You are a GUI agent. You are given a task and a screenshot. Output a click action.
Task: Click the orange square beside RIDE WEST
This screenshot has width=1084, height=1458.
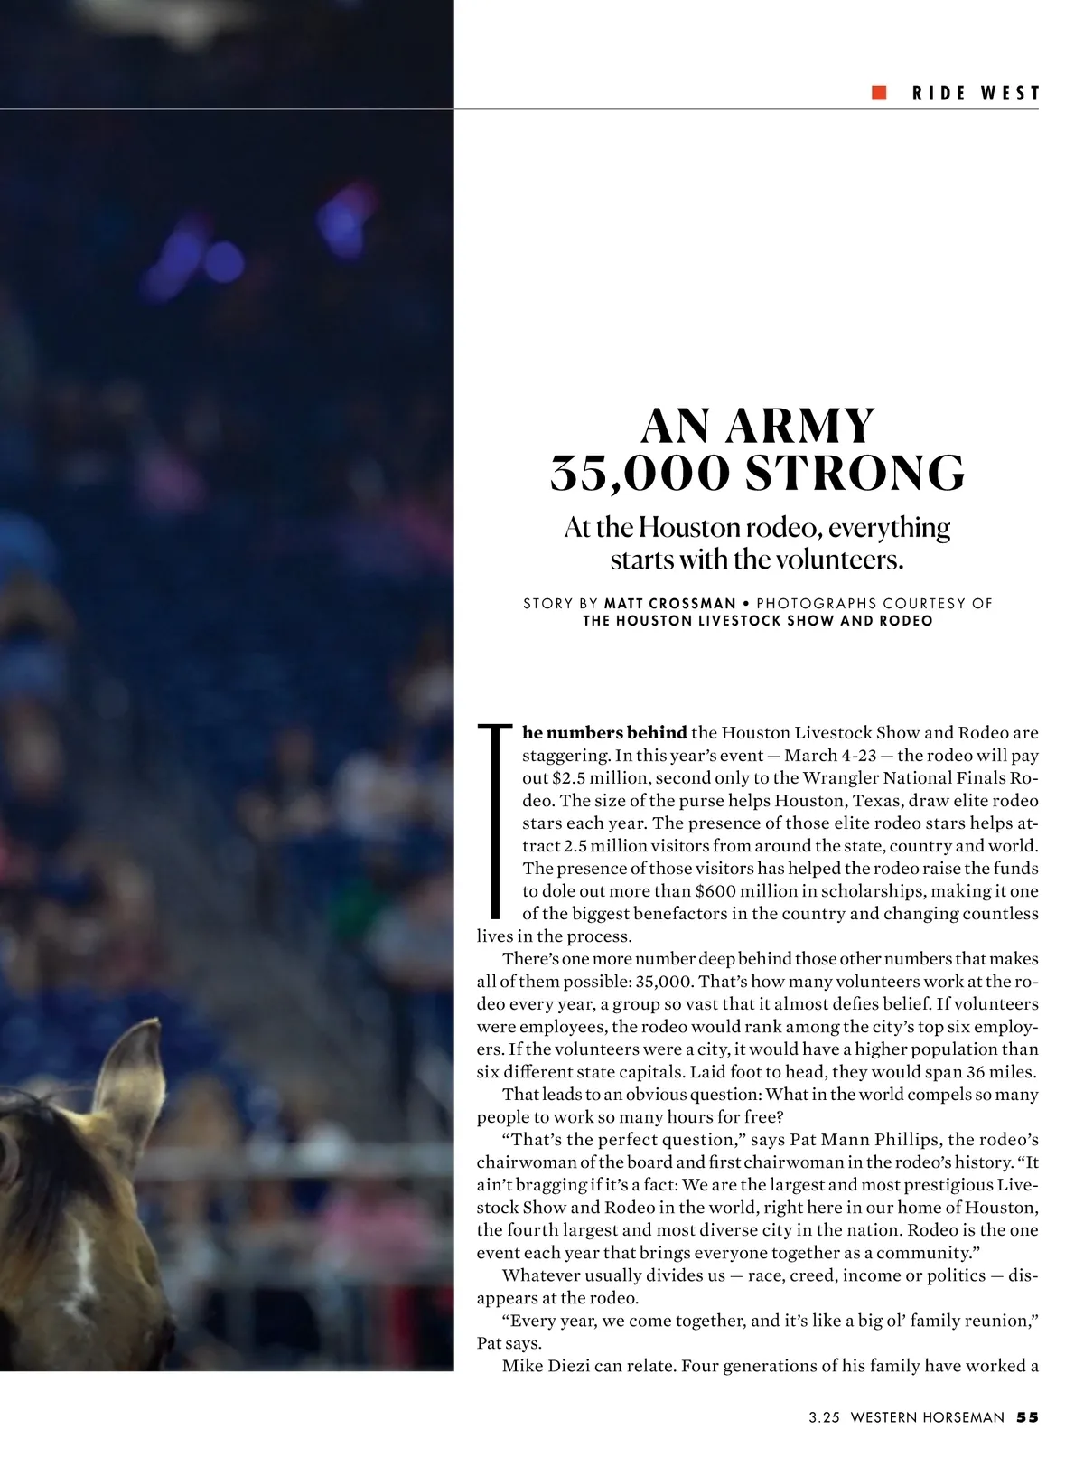click(879, 92)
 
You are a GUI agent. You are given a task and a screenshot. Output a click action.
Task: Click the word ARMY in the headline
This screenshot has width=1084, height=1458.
click(799, 427)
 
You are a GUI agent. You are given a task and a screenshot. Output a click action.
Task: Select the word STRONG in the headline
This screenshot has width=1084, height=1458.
click(855, 474)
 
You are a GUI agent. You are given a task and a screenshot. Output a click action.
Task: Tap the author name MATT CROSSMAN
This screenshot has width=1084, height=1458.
click(670, 603)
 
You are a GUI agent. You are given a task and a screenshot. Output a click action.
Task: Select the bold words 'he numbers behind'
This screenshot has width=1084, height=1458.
click(604, 732)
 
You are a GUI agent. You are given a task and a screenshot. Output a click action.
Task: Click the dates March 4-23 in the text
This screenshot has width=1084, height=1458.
click(830, 755)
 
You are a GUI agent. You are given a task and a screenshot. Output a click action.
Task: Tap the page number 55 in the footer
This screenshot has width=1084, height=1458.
click(1028, 1417)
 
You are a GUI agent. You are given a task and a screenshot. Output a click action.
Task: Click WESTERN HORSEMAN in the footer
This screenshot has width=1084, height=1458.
click(927, 1417)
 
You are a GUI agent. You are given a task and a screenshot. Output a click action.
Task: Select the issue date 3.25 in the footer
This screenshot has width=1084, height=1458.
click(824, 1417)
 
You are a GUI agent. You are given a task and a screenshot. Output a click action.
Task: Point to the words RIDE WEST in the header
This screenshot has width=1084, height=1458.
click(976, 92)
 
